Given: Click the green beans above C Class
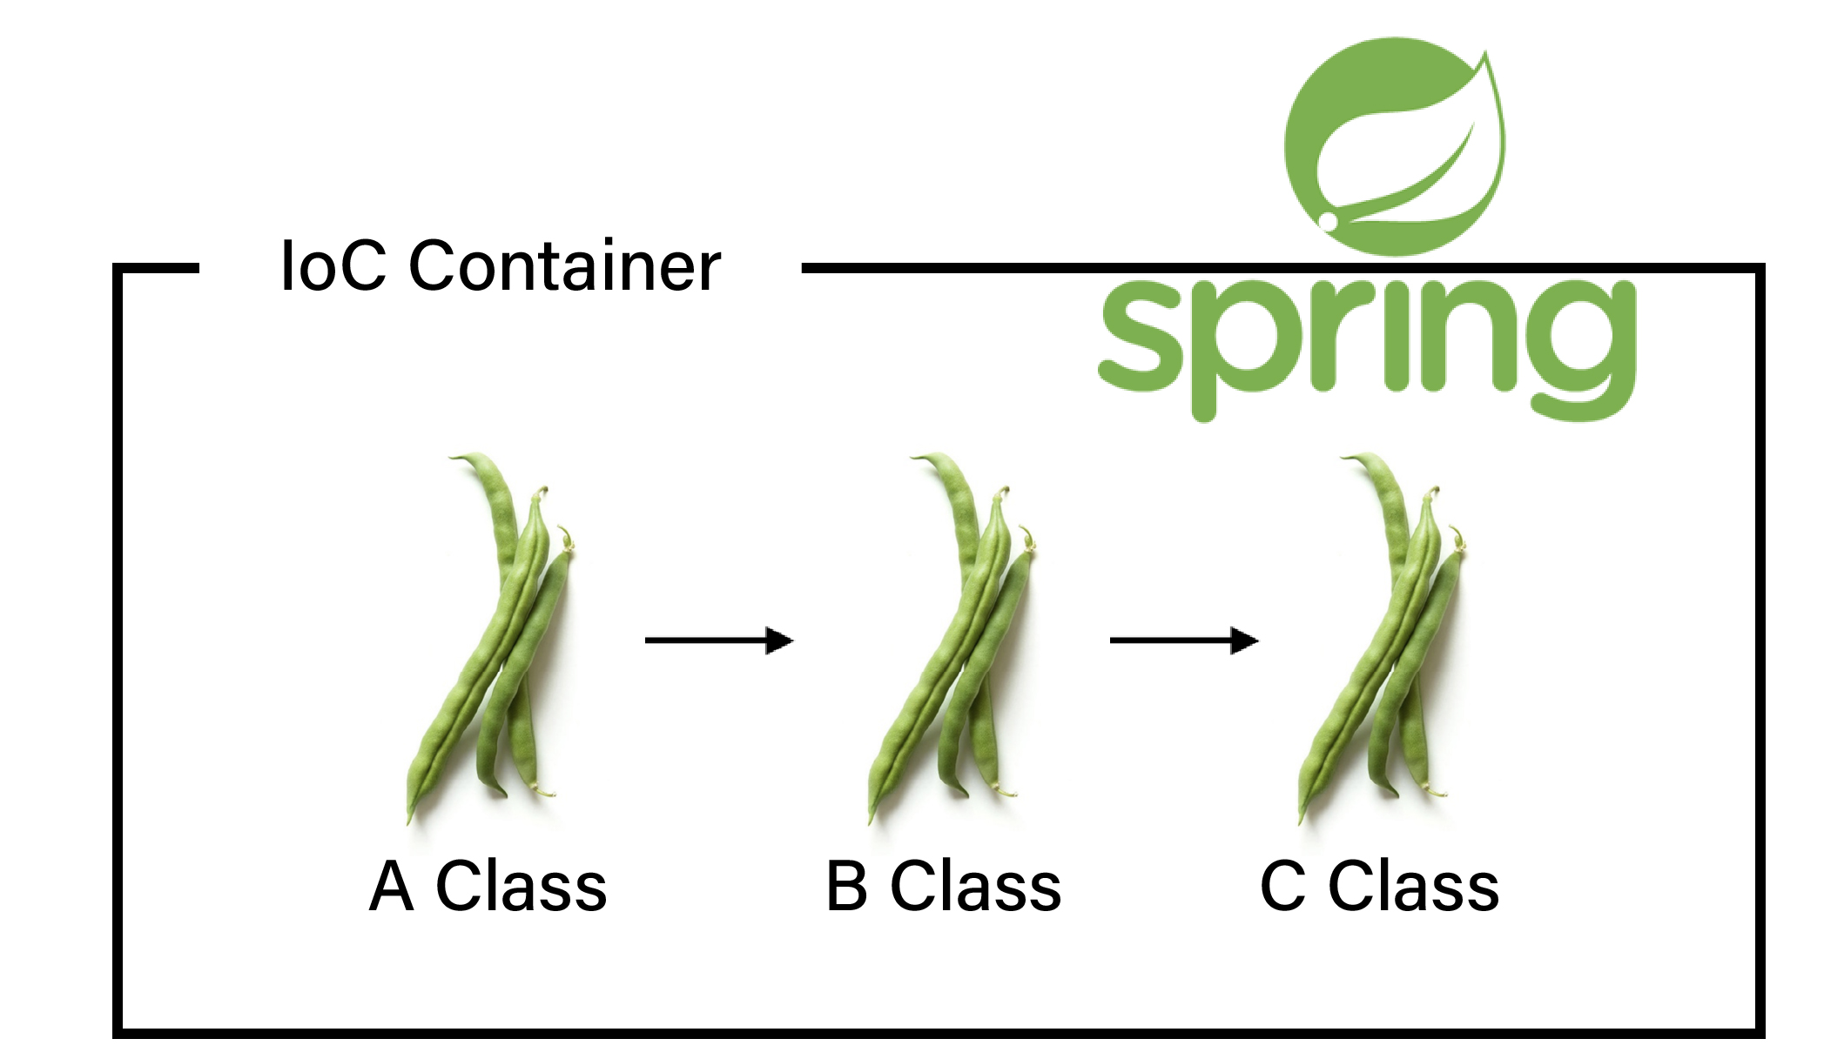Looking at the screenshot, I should [1385, 635].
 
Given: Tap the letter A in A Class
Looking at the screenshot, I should [391, 887].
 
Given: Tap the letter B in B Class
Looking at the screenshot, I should [846, 887].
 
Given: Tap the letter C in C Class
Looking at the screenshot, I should [1282, 887].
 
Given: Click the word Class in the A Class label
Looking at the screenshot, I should [521, 887].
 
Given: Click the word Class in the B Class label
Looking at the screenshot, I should [975, 887].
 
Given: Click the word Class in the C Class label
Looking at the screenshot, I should [1413, 887].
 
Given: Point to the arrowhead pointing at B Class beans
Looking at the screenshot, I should [780, 640].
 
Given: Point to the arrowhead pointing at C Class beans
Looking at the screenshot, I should [1245, 640].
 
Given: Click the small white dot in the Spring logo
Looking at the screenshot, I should [1328, 220].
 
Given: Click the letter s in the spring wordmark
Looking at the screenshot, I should [1140, 339].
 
